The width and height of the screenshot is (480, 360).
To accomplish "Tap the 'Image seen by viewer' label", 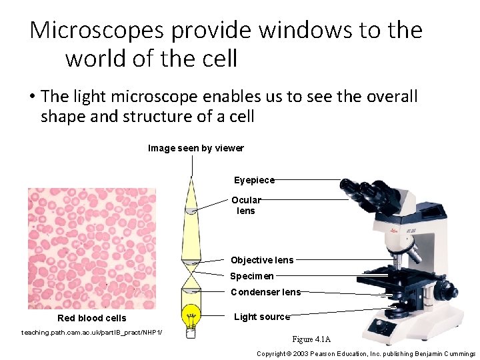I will [x=195, y=148].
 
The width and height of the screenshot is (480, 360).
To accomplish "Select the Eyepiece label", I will [x=254, y=180].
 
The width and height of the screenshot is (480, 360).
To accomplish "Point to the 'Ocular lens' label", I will [x=246, y=205].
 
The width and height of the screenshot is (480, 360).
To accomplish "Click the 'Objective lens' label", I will [x=262, y=260].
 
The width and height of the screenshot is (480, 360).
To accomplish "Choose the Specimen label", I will [x=252, y=276].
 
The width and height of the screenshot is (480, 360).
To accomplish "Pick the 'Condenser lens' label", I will [x=265, y=292].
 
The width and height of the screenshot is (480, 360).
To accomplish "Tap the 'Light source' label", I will [x=262, y=317].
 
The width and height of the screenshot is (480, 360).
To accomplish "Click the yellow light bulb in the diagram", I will [x=191, y=314].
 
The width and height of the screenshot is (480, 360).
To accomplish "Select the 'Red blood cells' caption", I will [x=91, y=318].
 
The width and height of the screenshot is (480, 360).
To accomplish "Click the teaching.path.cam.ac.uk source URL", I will [x=92, y=332].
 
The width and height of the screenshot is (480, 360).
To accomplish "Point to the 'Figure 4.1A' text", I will [x=311, y=339].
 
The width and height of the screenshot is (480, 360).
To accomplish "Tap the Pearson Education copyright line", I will [x=366, y=353].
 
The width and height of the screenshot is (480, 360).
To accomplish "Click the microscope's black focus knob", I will [x=443, y=290].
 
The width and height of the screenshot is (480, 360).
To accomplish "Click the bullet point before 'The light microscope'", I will [x=32, y=97].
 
